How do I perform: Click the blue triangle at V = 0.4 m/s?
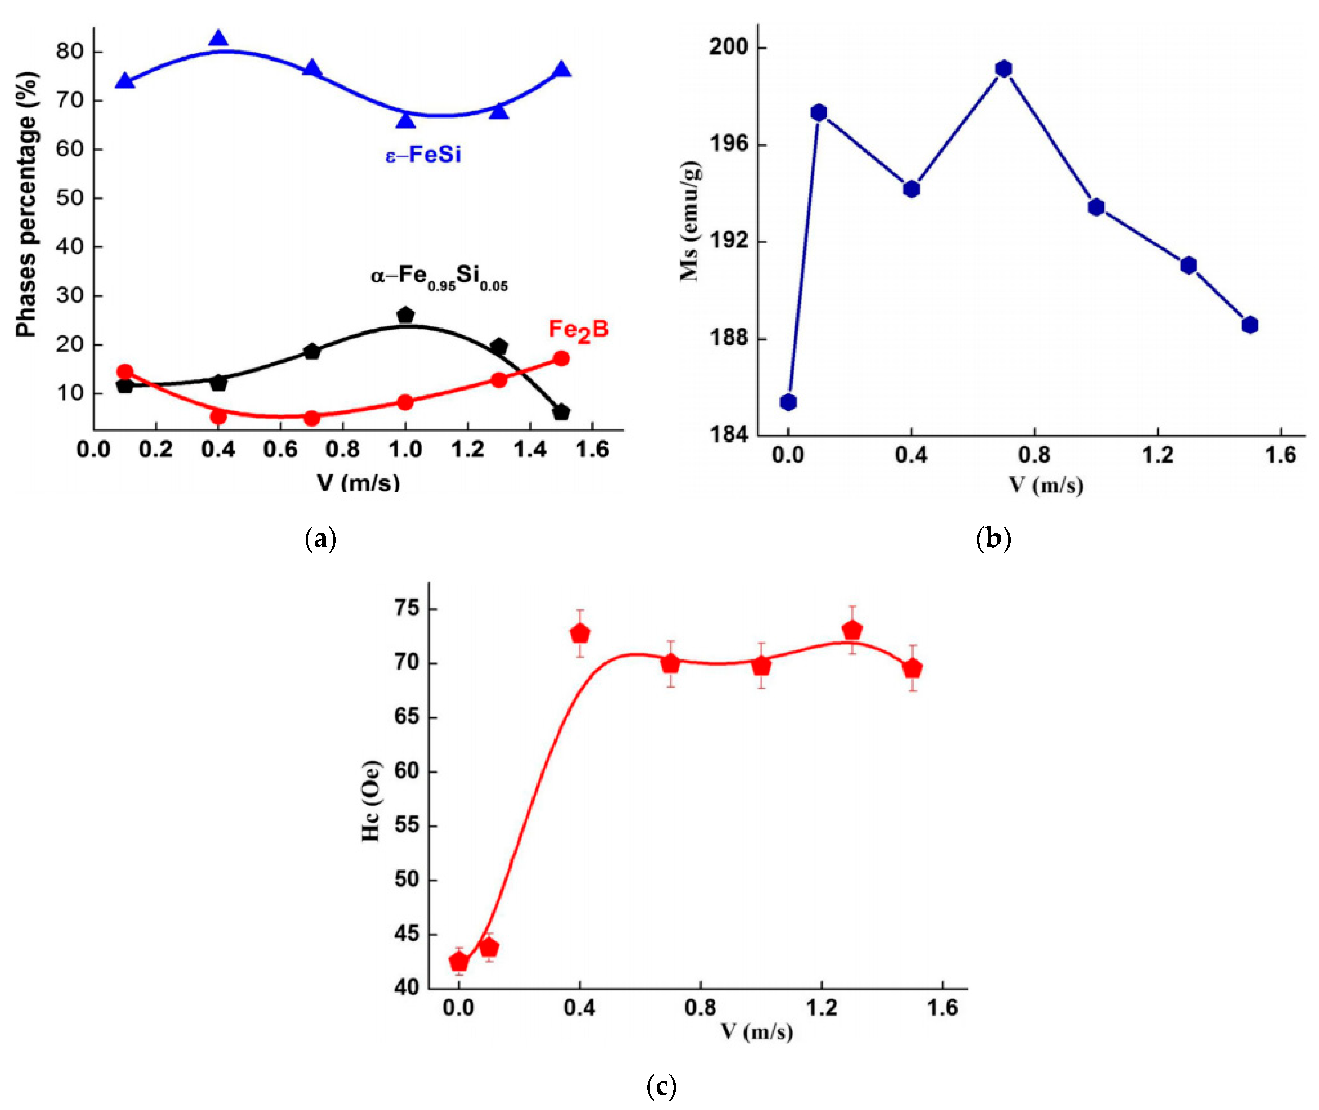click(x=218, y=40)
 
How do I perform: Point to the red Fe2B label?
click(x=578, y=330)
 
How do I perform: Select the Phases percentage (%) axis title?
click(x=26, y=204)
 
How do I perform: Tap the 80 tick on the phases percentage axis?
click(x=70, y=52)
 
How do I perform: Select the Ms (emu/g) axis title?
click(x=690, y=220)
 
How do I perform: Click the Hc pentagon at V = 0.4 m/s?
click(x=579, y=633)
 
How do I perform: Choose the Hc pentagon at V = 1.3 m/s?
click(x=852, y=630)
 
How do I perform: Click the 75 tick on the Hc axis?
click(x=407, y=609)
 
